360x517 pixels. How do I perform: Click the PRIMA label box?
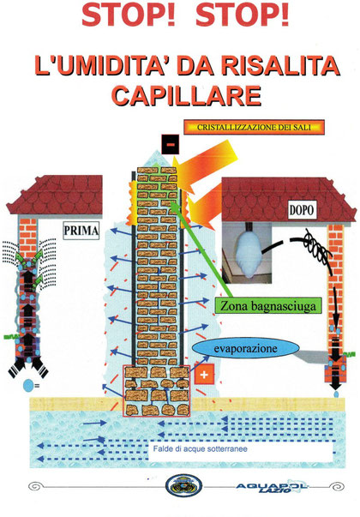click(x=81, y=230)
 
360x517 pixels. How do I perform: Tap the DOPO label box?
click(x=302, y=210)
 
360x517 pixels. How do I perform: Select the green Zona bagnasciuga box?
click(x=267, y=305)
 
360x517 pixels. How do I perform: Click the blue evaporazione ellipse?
click(x=246, y=349)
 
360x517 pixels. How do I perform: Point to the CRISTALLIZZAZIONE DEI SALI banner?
click(x=254, y=127)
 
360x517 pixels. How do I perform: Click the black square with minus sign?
click(x=171, y=144)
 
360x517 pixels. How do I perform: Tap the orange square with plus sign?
click(x=204, y=374)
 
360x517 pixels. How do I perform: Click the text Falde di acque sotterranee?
click(x=200, y=448)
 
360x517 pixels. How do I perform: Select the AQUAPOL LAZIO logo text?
click(x=273, y=487)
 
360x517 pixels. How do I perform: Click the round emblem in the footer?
click(x=184, y=486)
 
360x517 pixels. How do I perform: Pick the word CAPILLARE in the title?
click(x=186, y=96)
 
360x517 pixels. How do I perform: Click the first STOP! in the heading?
click(x=129, y=15)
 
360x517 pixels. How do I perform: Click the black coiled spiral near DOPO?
click(x=317, y=246)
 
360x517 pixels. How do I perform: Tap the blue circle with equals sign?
click(x=30, y=386)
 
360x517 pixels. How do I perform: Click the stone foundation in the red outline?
click(x=156, y=391)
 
